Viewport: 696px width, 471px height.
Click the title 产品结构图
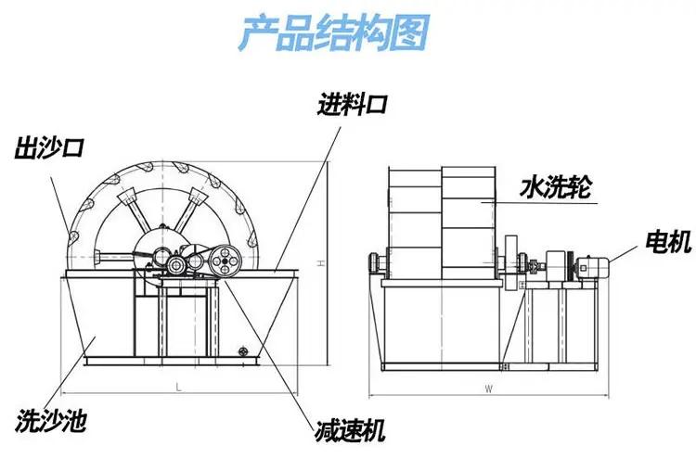coord(334,33)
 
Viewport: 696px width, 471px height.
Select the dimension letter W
coord(488,390)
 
